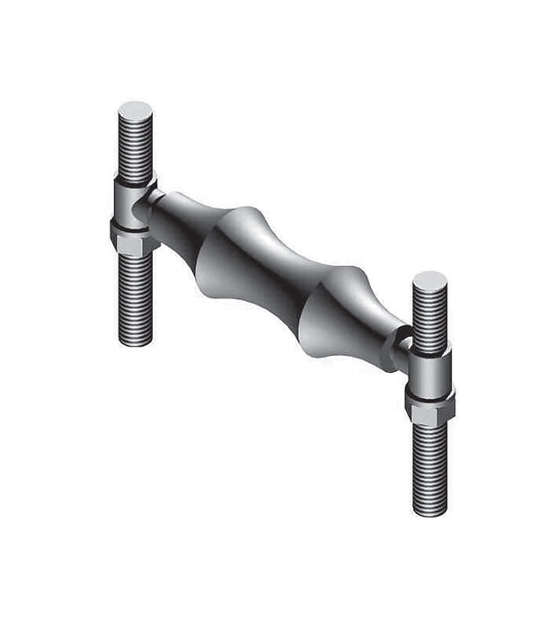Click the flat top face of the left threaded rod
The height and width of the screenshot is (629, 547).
click(x=135, y=111)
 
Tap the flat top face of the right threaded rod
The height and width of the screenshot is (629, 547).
click(x=429, y=282)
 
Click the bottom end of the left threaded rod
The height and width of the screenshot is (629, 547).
click(x=135, y=340)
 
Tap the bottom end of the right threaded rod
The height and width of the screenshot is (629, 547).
click(x=429, y=509)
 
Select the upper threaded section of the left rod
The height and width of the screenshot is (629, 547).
click(x=135, y=148)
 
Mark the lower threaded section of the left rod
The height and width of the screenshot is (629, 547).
click(x=135, y=297)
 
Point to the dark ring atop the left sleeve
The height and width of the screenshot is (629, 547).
click(x=134, y=179)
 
